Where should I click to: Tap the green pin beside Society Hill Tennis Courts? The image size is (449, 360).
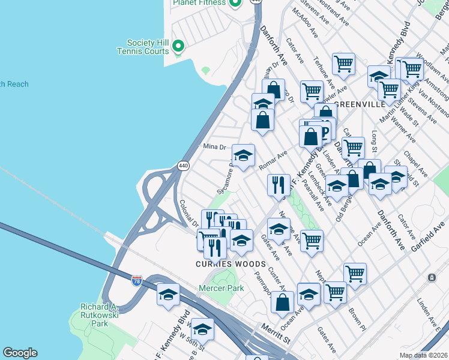point(178,46)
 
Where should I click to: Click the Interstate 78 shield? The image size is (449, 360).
point(137,280)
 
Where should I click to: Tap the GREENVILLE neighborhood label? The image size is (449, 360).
point(359,104)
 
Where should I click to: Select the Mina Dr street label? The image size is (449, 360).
point(214,146)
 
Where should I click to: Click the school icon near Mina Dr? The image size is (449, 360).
point(243,156)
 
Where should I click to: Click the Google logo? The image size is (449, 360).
point(20,352)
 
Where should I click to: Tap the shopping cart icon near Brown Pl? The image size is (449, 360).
point(355,274)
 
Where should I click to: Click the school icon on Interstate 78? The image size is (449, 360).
point(169,294)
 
